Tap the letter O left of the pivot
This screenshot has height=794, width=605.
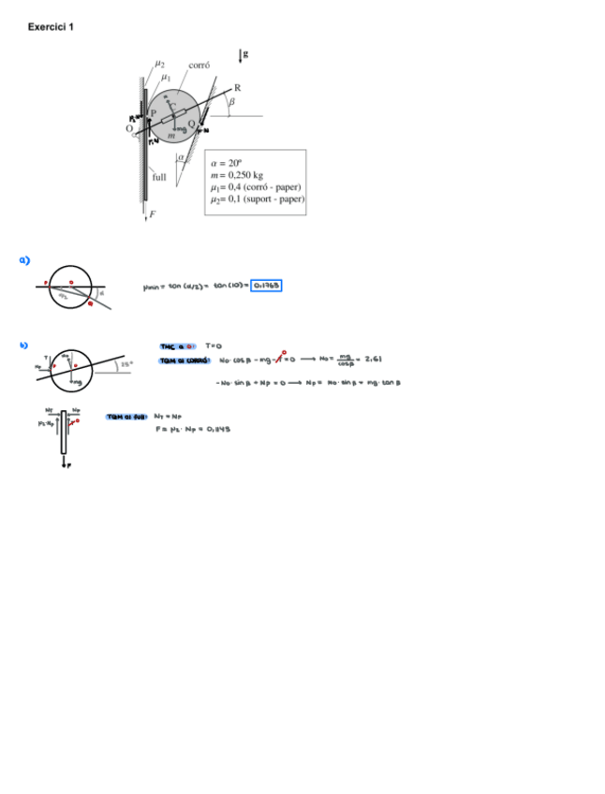(130, 128)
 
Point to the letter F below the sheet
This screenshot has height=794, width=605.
(153, 214)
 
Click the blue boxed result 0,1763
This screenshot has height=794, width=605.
(266, 286)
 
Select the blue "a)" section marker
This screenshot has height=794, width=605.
(25, 259)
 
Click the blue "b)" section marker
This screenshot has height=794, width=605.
(25, 346)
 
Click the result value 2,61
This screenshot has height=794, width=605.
(373, 359)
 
